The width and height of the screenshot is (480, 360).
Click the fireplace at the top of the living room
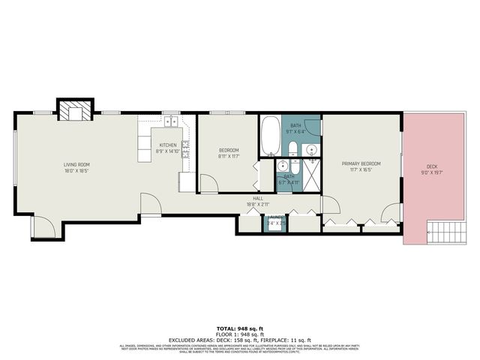[75, 110]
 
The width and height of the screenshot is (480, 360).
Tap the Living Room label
[76, 164]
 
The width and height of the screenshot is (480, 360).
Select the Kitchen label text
[167, 145]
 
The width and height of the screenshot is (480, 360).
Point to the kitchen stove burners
[185, 148]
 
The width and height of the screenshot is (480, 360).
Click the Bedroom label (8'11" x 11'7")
[228, 151]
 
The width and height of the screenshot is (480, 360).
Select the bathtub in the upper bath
[270, 135]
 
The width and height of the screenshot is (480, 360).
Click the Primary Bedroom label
[361, 163]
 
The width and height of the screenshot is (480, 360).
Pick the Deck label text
[432, 166]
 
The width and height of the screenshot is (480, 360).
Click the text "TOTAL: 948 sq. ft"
[239, 328]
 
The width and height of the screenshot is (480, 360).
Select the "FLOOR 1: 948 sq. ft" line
[239, 334]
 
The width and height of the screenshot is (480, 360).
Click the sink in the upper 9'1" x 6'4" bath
[312, 149]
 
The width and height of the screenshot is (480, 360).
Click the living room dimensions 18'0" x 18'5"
[76, 170]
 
